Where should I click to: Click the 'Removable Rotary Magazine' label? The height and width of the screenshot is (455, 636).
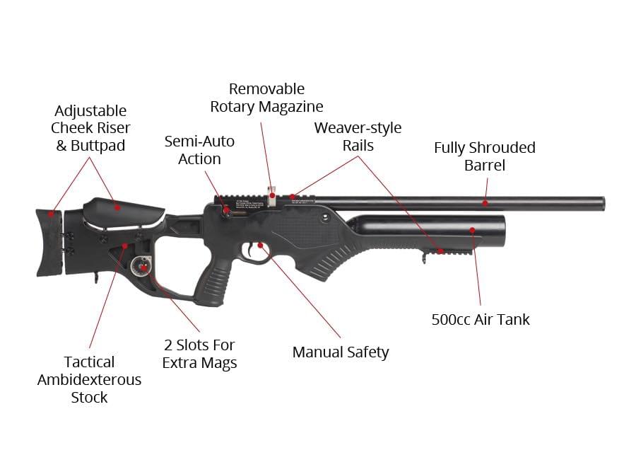pos(266,98)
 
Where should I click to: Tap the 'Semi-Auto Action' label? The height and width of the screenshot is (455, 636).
pos(199,150)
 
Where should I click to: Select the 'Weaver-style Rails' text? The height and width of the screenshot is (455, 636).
pos(358,137)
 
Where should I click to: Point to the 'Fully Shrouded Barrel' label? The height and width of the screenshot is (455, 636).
pos(485,156)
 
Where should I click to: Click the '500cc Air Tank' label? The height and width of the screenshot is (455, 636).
pos(481,319)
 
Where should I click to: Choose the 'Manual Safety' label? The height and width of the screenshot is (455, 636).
pos(341,352)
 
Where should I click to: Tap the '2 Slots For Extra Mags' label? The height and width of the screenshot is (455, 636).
pos(199,354)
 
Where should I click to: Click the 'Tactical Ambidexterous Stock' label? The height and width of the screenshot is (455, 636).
pos(89,379)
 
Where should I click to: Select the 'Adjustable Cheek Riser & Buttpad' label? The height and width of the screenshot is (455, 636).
pos(90,128)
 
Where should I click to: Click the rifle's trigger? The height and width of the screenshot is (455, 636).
pos(252,250)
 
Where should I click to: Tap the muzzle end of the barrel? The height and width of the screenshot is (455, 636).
pos(602,203)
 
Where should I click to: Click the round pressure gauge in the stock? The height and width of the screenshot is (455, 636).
pos(140,266)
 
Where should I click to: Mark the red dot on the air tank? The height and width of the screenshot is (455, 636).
pos(473,230)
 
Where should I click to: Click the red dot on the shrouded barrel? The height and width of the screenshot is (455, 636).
pos(485,203)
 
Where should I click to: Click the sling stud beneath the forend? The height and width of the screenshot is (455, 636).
pos(424,259)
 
